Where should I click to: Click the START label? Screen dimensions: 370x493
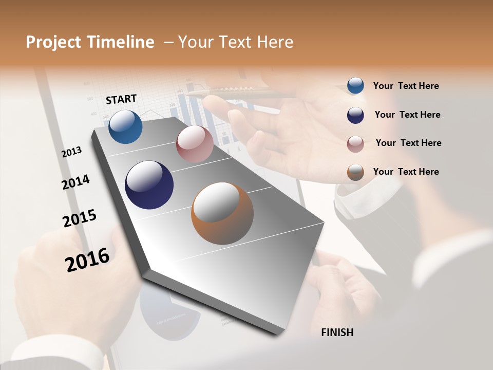click(x=121, y=99)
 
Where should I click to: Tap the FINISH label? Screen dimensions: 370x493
click(x=337, y=332)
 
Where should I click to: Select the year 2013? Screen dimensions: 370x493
click(x=72, y=152)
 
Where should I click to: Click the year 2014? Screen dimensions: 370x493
click(x=76, y=182)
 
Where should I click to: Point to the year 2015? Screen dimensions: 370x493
click(x=80, y=218)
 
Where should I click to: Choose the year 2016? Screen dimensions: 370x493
click(x=87, y=260)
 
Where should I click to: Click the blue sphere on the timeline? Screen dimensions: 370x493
click(x=125, y=127)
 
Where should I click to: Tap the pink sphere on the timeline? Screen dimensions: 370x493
click(x=195, y=144)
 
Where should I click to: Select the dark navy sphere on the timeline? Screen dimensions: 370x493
click(x=149, y=185)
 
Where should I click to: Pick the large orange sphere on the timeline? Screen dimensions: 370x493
click(x=222, y=213)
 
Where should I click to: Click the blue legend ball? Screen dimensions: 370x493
click(x=355, y=86)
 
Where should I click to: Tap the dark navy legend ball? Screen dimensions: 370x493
click(x=355, y=115)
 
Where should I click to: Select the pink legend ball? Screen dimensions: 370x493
click(x=355, y=144)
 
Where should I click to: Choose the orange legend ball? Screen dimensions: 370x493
click(x=355, y=172)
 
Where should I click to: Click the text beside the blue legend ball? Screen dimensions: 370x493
click(x=406, y=86)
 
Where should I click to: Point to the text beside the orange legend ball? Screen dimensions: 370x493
click(x=406, y=172)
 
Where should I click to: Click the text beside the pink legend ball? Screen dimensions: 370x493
click(x=408, y=143)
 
